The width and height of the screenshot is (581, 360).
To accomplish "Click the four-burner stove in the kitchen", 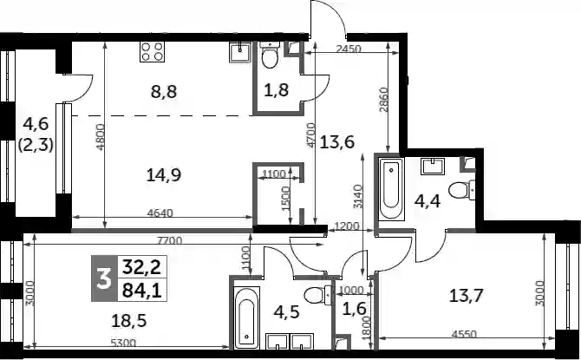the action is click(x=153, y=51).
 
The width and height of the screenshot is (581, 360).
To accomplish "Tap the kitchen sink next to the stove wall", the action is click(x=240, y=52).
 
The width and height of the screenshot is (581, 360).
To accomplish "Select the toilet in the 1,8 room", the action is click(x=270, y=55).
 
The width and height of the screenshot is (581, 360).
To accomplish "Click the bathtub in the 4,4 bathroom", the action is click(x=391, y=189).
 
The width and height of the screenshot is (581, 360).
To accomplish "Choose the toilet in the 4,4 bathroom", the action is click(x=461, y=191).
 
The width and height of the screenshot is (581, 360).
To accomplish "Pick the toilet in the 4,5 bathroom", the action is click(x=317, y=296).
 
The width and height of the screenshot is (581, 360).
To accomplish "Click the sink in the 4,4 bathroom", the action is click(x=433, y=166).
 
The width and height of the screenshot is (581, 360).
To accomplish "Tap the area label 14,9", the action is click(x=164, y=175).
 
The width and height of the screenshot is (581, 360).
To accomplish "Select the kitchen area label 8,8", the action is click(x=164, y=91).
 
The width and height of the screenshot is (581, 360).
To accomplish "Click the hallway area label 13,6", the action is click(x=337, y=141).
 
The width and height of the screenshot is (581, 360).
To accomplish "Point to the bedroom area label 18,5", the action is click(x=129, y=320).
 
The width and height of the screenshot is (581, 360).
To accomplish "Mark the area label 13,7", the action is click(x=467, y=296).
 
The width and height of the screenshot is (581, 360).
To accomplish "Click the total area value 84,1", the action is click(x=142, y=291).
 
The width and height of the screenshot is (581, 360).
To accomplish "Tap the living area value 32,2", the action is click(x=142, y=267).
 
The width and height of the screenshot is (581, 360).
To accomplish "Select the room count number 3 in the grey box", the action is click(x=104, y=278).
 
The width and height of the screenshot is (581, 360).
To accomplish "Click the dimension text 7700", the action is click(x=170, y=240).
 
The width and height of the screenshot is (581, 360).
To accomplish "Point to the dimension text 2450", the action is click(x=349, y=49).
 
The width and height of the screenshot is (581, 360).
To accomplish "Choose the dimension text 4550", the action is click(x=464, y=334).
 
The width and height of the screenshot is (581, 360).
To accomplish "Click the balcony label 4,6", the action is click(x=36, y=123).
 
